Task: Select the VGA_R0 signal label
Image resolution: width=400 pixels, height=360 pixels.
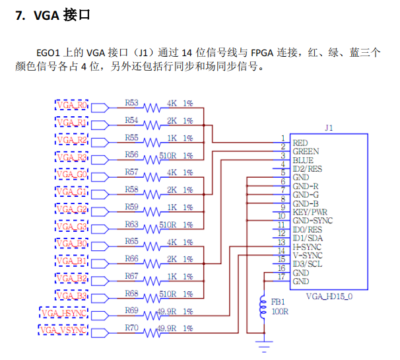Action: click(71, 106)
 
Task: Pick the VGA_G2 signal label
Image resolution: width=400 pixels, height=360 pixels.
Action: click(71, 209)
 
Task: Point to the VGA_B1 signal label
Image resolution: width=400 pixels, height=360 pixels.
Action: click(71, 261)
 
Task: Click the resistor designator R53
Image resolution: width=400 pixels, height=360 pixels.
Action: click(131, 103)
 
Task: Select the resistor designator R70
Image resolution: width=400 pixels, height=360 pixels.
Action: click(131, 326)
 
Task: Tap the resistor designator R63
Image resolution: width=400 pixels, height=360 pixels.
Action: click(131, 224)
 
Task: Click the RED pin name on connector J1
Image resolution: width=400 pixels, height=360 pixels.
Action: click(300, 143)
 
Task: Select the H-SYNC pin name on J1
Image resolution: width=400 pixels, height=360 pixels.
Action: click(307, 246)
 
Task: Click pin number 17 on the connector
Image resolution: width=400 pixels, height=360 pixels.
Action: click(281, 277)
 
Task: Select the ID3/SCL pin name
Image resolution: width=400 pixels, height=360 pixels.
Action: click(307, 264)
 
